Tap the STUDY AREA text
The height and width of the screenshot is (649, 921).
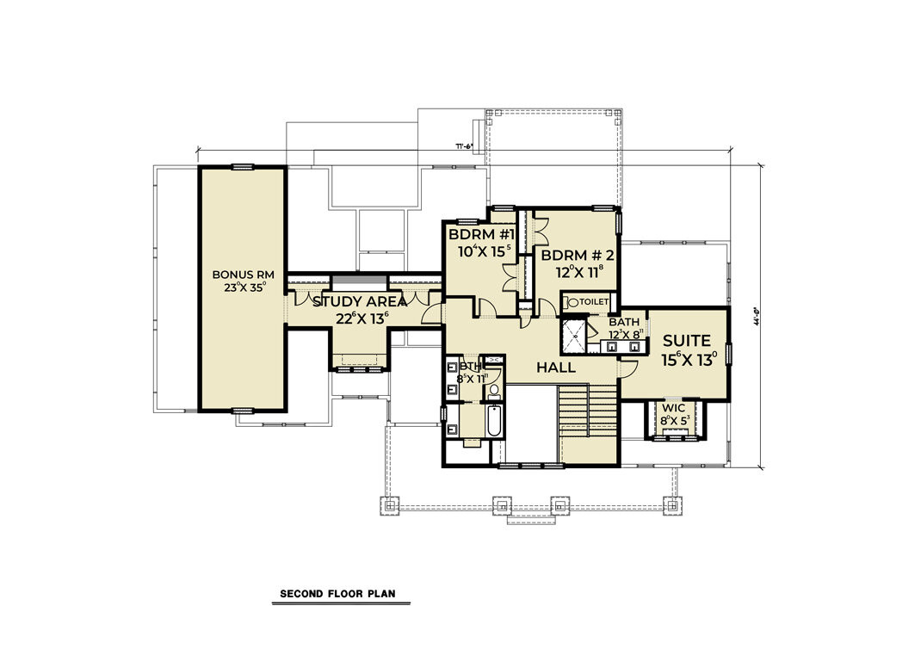pyautogui.click(x=360, y=301)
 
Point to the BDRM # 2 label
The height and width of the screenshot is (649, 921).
pyautogui.click(x=578, y=255)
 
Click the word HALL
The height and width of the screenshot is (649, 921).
pyautogui.click(x=555, y=368)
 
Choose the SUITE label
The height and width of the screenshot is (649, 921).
pyautogui.click(x=686, y=341)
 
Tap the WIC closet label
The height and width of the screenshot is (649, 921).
pyautogui.click(x=674, y=407)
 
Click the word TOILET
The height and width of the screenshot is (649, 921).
pyautogui.click(x=595, y=302)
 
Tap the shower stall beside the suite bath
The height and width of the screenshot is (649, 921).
pyautogui.click(x=576, y=337)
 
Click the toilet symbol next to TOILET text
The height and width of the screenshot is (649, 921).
pyautogui.click(x=572, y=303)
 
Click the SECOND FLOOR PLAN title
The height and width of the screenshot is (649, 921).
pyautogui.click(x=337, y=594)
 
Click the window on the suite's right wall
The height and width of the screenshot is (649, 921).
pyautogui.click(x=728, y=353)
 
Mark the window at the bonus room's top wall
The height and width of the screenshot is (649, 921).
pyautogui.click(x=242, y=166)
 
